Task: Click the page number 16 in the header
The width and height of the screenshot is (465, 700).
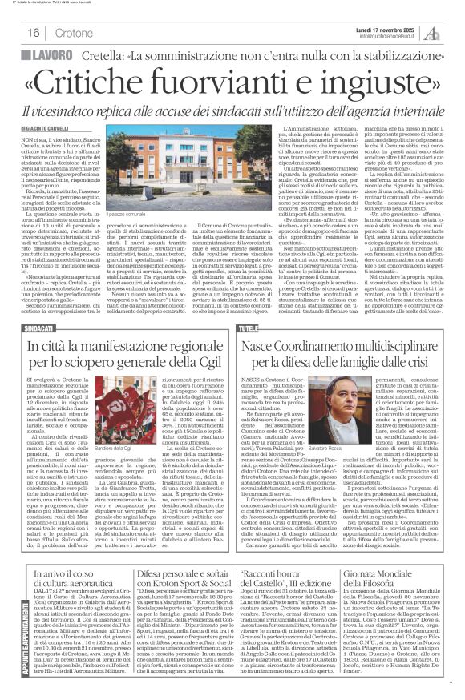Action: point(34,33)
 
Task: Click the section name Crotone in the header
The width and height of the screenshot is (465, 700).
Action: point(76,34)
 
